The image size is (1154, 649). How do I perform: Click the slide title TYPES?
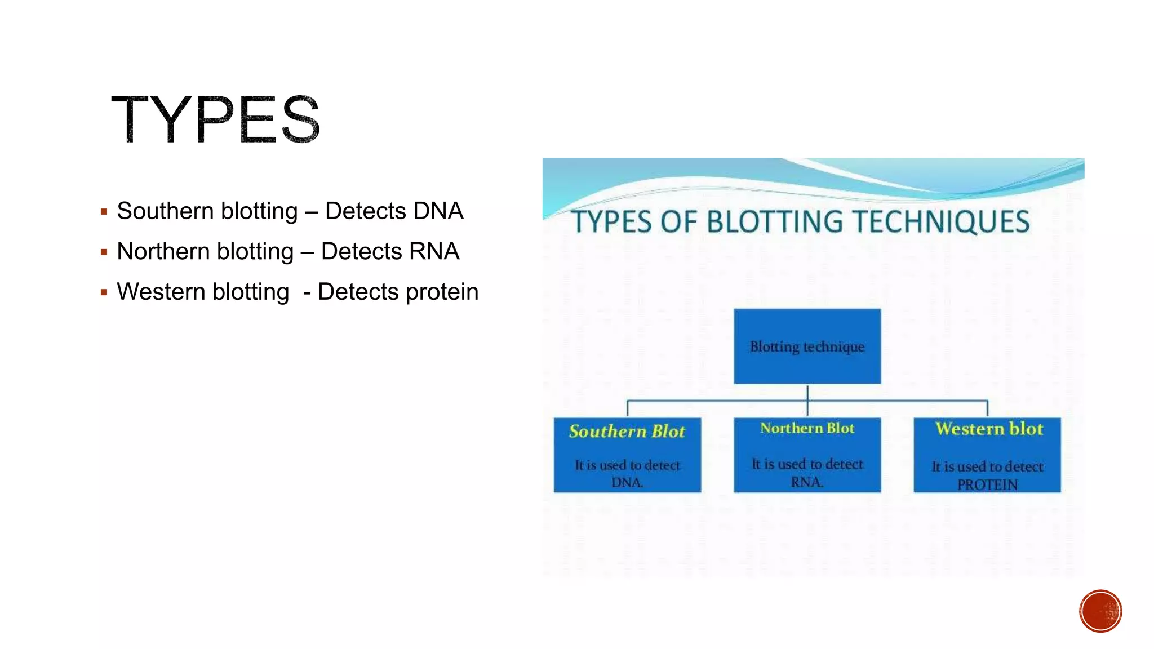pos(216,119)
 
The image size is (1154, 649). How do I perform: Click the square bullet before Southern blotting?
pos(104,212)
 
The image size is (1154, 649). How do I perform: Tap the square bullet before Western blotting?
pos(104,293)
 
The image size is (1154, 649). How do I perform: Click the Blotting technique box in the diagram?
pos(807,346)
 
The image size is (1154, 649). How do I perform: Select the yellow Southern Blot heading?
pos(627,432)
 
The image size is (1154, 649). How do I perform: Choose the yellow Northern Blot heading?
pos(807,429)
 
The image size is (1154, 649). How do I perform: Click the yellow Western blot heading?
pos(989,429)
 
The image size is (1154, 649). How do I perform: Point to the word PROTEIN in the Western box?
pos(987,484)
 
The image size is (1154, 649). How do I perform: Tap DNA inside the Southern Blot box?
pos(627,483)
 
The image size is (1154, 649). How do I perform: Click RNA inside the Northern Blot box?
pos(806,482)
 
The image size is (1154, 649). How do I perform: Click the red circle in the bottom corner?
pos(1100,611)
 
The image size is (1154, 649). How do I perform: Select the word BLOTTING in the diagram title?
pos(774,222)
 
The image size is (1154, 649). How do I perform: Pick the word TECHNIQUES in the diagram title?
pos(941,222)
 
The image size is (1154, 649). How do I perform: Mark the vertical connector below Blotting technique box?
pos(807,393)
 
